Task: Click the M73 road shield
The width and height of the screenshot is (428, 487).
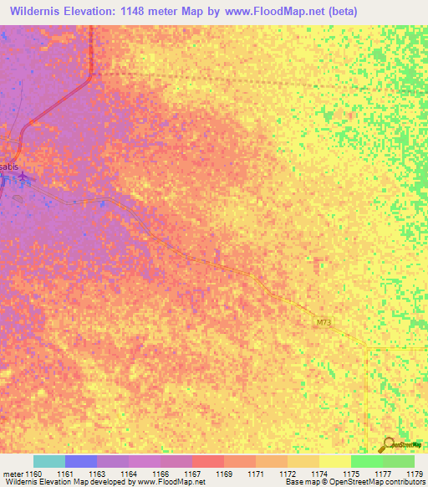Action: (324, 322)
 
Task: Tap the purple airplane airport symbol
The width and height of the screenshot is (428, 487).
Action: (23, 176)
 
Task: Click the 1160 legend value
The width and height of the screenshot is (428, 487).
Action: (33, 474)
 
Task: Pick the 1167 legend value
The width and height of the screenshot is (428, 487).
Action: (192, 474)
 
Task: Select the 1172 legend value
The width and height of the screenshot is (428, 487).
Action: (288, 474)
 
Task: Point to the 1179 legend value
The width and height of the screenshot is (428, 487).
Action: (414, 474)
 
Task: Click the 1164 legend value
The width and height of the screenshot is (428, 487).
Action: (129, 474)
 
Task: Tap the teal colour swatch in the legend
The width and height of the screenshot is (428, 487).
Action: (49, 461)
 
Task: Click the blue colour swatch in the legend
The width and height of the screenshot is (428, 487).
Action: (81, 461)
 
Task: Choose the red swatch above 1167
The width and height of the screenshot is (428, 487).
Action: (208, 461)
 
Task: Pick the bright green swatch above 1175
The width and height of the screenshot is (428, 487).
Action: (366, 461)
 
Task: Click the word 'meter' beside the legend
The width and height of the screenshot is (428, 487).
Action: (12, 474)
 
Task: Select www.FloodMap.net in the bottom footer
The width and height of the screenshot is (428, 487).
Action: (168, 483)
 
